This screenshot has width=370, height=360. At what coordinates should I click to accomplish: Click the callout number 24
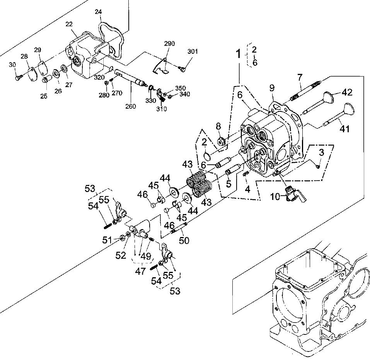tap(98, 12)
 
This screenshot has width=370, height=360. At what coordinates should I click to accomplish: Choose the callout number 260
tap(130, 106)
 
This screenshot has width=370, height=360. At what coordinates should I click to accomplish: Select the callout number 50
tap(184, 241)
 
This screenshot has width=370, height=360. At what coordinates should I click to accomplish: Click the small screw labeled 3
tap(316, 166)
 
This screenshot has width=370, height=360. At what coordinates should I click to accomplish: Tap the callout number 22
tap(69, 24)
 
